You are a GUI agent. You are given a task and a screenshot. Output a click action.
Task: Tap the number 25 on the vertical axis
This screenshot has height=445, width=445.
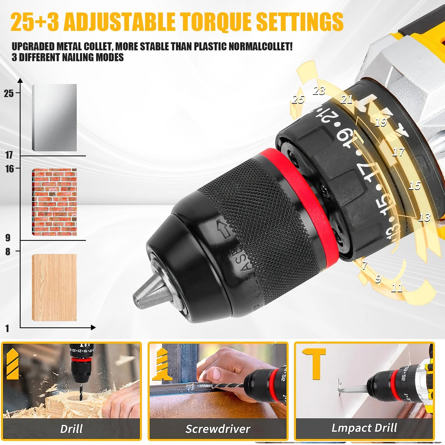[9, 93]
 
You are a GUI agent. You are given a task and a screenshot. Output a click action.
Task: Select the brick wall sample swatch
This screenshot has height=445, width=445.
[54, 202]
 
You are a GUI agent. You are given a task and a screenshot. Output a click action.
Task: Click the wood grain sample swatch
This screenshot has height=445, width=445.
[54, 287]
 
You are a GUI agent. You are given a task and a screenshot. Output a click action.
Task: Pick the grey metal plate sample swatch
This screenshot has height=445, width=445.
[54, 118]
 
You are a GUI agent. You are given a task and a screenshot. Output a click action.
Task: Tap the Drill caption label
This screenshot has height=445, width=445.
[71, 429]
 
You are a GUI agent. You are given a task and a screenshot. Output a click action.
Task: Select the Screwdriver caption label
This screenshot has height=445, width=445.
[218, 429]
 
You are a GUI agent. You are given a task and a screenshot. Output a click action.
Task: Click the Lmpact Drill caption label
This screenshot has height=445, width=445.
[364, 428]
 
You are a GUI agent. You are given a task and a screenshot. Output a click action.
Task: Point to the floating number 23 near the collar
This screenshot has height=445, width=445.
[319, 91]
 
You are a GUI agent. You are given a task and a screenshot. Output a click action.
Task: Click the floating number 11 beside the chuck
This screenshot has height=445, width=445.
[397, 288]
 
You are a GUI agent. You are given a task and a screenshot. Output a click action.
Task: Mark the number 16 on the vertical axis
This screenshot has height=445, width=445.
[10, 169]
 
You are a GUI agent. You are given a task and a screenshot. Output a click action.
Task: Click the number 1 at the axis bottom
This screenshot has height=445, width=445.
[7, 328]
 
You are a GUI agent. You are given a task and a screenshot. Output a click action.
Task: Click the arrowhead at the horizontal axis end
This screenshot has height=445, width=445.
[93, 327]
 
